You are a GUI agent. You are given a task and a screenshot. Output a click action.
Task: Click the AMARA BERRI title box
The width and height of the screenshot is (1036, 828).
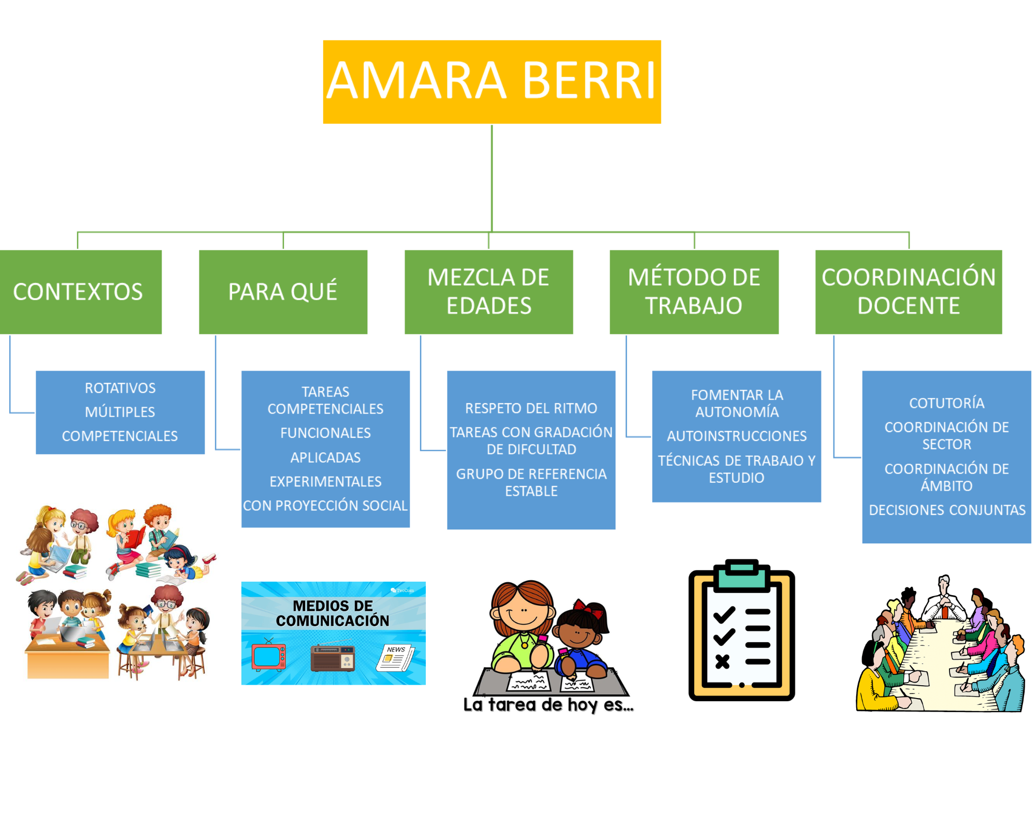(x=492, y=82)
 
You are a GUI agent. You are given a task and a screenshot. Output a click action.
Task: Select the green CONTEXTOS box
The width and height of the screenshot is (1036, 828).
(x=80, y=292)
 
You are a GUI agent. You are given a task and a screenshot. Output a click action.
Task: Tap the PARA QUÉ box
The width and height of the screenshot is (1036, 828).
(x=283, y=292)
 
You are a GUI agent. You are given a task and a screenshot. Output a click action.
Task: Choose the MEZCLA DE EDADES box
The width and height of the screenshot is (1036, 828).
(x=488, y=292)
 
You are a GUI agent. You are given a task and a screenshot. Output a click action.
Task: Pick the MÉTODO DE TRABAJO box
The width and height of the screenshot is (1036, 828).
(x=694, y=292)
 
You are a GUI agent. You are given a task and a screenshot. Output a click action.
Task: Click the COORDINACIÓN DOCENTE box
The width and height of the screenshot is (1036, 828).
(x=909, y=292)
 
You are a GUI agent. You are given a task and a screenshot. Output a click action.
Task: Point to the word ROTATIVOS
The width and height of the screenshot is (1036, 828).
(x=120, y=388)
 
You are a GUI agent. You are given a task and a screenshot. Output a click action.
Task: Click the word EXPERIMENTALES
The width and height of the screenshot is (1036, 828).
(x=325, y=482)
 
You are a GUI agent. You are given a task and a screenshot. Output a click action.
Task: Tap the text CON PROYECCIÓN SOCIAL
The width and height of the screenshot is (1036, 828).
(x=325, y=506)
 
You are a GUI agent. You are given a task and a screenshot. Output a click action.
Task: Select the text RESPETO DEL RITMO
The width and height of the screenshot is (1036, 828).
(x=531, y=408)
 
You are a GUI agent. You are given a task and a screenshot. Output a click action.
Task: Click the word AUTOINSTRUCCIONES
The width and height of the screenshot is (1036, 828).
(x=737, y=436)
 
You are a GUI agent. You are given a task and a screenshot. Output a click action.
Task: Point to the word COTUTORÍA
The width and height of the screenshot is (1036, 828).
(x=946, y=403)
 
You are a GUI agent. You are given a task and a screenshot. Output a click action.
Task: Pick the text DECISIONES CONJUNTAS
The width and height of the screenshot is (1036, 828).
(x=947, y=510)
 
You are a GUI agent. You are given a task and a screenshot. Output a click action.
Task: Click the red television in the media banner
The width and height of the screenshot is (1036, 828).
(x=268, y=656)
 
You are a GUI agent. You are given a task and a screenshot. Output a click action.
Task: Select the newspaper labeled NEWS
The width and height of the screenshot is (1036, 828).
(x=395, y=658)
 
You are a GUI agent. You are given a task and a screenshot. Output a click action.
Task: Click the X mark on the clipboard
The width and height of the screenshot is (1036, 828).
(x=723, y=661)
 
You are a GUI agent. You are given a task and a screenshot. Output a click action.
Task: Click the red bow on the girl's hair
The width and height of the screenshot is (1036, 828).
(x=591, y=608)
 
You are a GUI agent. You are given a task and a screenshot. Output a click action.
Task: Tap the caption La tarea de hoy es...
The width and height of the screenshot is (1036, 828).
(x=548, y=705)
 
